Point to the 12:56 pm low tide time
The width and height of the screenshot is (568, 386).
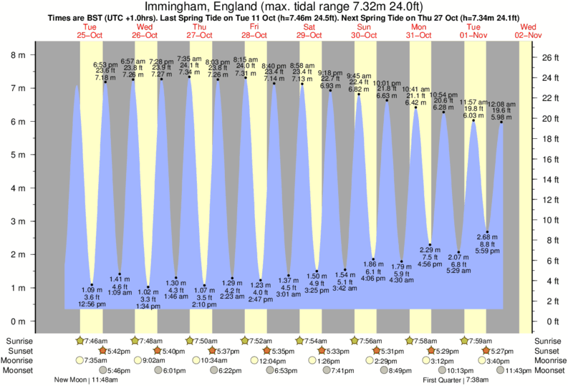[92, 304]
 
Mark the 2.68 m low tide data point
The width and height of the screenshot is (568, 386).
[487, 231]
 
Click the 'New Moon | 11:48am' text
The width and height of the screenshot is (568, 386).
[88, 380]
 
